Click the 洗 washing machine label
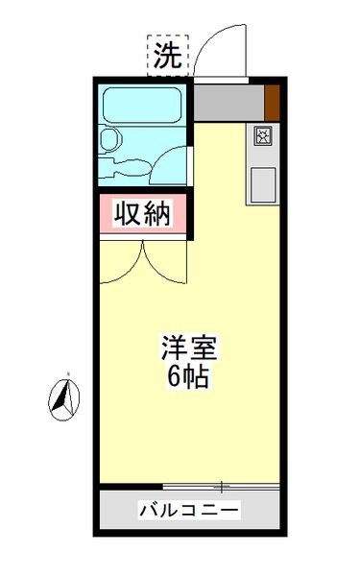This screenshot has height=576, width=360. click(168, 56)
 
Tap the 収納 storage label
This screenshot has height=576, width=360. click(143, 213)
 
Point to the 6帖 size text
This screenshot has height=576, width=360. click(189, 375)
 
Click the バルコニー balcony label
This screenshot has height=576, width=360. click(188, 508)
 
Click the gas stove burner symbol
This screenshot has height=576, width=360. click(263, 136)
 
